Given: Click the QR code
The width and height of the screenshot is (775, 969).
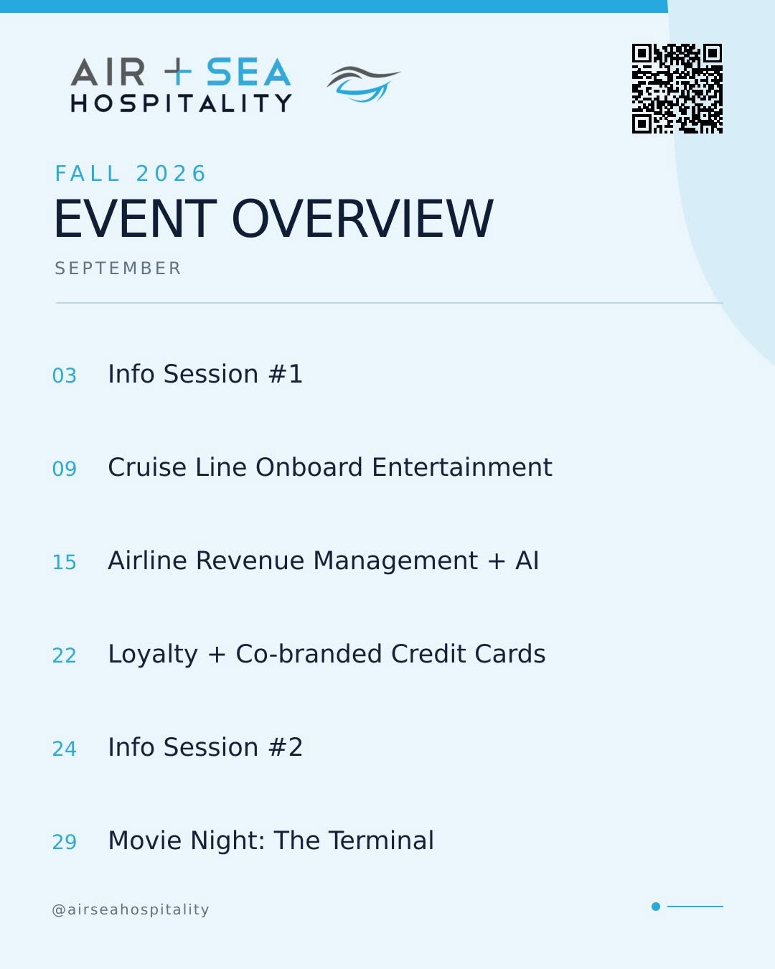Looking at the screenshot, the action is tap(677, 89).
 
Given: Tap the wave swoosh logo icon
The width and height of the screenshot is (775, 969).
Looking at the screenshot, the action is tap(363, 84).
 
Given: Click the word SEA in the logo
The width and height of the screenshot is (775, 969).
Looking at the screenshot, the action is tap(248, 72).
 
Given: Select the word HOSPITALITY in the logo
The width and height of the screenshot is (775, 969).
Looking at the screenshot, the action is tap(181, 103).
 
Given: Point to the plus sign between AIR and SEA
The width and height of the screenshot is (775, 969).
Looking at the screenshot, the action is tap(178, 72).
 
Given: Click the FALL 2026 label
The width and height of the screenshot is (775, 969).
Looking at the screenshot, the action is tap(130, 174).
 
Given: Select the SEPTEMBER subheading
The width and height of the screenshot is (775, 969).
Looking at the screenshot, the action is tap(118, 268).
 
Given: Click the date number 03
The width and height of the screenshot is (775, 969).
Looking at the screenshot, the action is tap(65, 375).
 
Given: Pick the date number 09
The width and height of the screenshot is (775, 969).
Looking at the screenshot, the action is tap(65, 469).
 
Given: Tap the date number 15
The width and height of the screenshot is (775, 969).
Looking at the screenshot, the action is tap(65, 562).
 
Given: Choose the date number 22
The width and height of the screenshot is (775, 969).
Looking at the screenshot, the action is tap(65, 655).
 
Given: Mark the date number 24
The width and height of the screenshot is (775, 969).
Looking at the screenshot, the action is tap(65, 749).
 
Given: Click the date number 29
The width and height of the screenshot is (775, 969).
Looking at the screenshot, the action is tap(65, 842).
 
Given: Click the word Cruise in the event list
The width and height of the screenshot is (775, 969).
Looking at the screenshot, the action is tap(147, 467).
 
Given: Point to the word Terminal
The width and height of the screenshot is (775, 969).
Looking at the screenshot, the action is tap(382, 841).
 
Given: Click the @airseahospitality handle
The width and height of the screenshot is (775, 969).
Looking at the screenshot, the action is tap(131, 909).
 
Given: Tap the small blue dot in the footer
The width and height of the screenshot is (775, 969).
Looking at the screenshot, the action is tap(656, 907).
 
